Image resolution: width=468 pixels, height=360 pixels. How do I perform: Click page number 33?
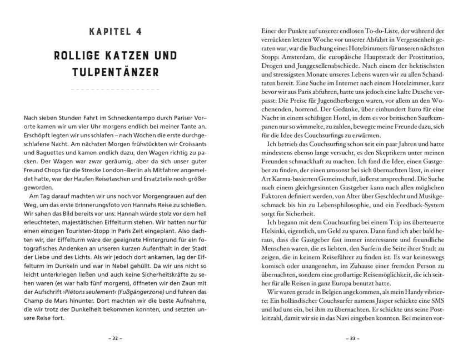point(348,337)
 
